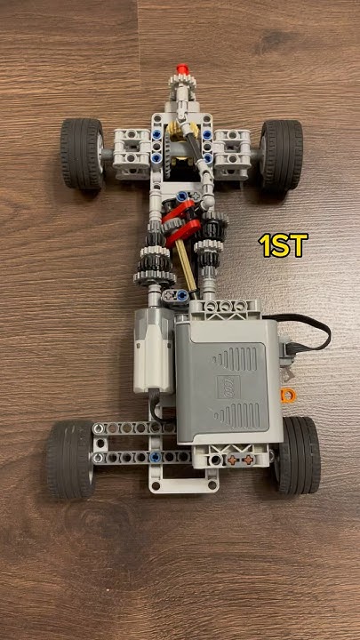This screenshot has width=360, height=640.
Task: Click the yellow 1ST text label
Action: click(x=282, y=245)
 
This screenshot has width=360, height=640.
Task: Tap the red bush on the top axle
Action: click(x=181, y=68)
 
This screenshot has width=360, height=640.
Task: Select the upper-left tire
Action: click(x=82, y=153)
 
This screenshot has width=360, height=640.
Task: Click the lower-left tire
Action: click(x=69, y=459)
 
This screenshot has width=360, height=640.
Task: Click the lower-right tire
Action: click(x=297, y=453)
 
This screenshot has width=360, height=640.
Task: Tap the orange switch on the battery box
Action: click(x=286, y=395)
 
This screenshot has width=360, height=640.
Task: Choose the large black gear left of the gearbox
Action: click(x=151, y=262)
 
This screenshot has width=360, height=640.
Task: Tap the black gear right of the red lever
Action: click(x=212, y=235)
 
